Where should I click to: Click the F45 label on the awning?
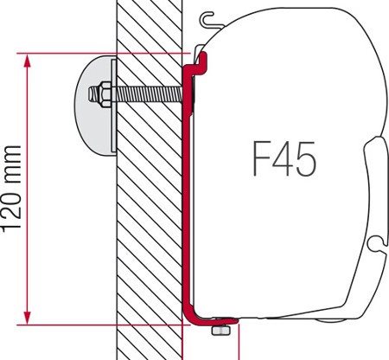click(x=284, y=160)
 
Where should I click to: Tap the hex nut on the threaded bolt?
click(x=104, y=91)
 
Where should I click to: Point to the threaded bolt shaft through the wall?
click(x=147, y=91)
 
